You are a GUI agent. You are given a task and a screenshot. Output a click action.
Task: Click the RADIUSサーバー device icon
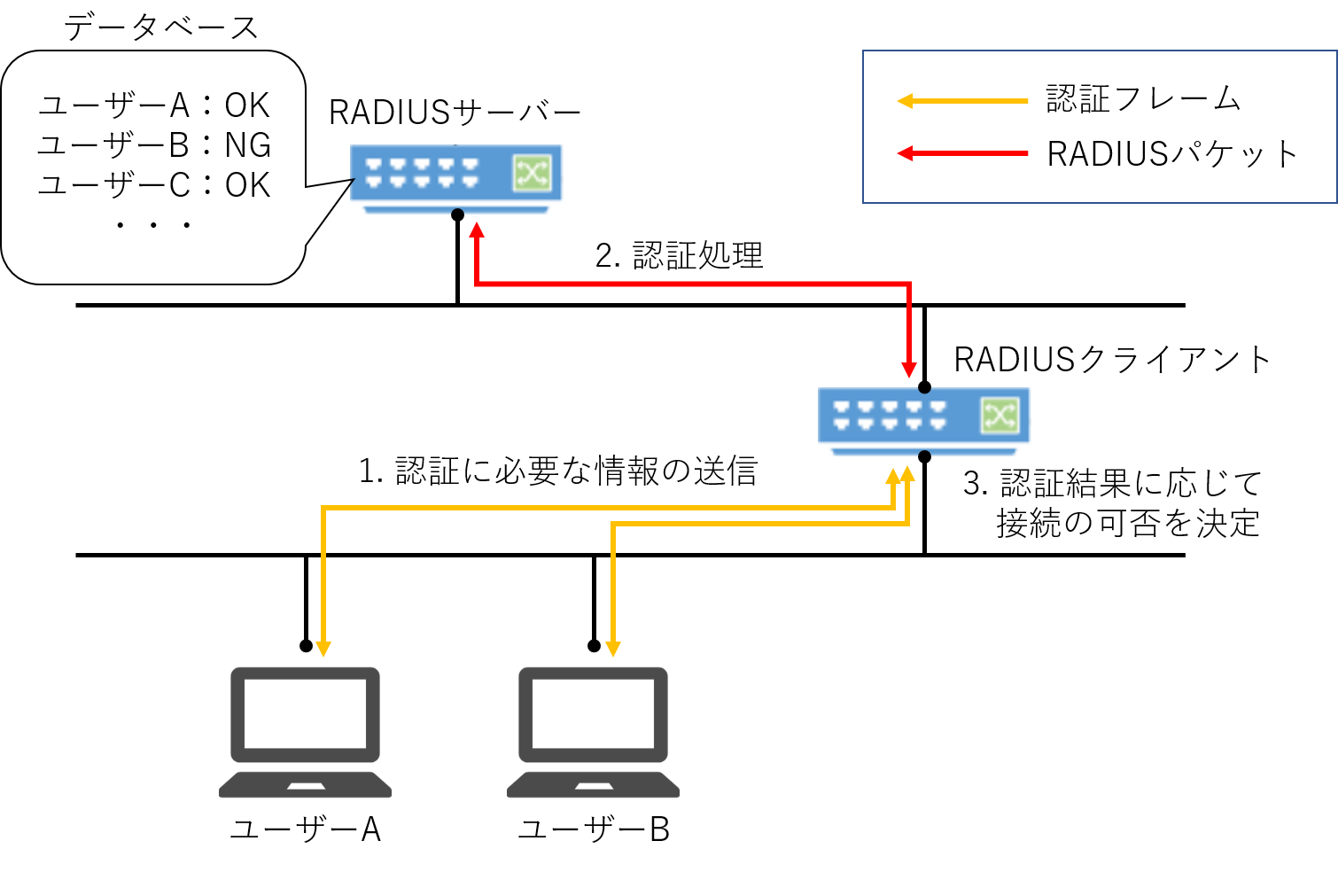455,175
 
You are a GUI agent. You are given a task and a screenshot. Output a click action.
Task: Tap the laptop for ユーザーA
305,732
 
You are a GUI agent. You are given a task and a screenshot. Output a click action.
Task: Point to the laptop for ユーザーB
593,732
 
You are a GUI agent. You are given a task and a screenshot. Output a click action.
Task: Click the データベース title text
160,27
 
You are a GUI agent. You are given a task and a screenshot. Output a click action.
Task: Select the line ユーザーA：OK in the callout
154,105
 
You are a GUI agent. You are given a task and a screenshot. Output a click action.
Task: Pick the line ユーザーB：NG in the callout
154,145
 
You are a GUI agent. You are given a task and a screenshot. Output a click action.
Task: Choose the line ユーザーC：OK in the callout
154,185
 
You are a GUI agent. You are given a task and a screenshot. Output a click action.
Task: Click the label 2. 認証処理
679,255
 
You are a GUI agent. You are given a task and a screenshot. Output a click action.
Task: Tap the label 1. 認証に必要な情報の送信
558,471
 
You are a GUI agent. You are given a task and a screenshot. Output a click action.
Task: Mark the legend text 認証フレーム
1143,98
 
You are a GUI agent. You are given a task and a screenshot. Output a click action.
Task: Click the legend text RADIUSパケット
1171,154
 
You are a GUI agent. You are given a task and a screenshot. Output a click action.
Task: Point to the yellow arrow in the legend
962,101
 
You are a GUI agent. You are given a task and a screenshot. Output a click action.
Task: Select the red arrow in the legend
962,153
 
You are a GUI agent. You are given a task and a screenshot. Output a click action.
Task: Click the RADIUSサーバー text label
455,113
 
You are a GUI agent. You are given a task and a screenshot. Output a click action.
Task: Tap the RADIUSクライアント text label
1112,360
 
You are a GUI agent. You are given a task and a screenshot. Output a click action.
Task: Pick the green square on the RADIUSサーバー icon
532,173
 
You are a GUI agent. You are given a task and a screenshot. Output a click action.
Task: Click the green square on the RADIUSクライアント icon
1000,416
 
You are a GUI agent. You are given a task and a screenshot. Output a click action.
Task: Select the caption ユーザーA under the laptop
305,829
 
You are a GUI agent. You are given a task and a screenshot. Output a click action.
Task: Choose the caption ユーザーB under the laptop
593,829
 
